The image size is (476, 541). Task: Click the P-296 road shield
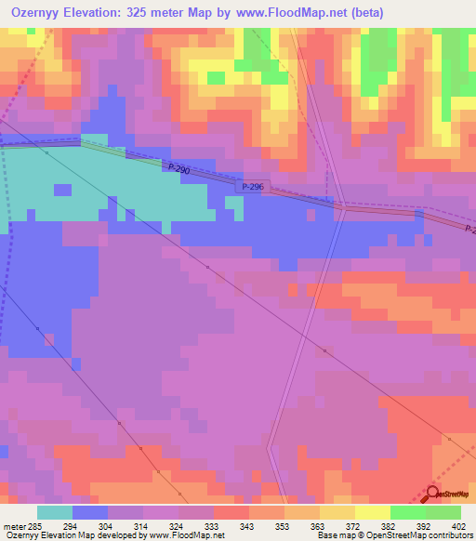(252, 186)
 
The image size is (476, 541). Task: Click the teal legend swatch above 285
(55, 512)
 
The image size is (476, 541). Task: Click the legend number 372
(354, 526)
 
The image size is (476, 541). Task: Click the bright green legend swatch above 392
(408, 512)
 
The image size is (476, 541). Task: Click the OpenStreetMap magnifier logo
(432, 494)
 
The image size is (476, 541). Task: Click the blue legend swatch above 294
(90, 512)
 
